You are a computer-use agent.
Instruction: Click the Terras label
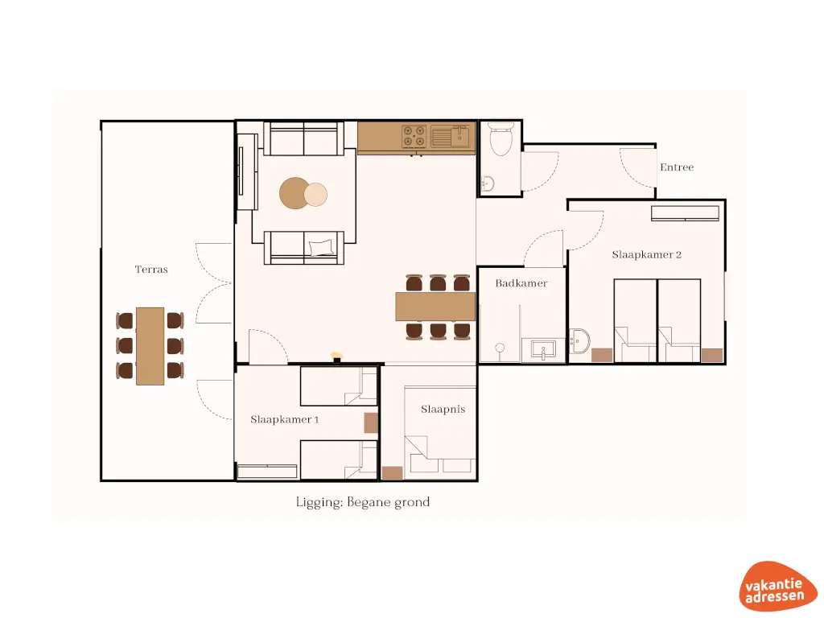point(151,270)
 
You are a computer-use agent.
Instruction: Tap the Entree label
point(676,167)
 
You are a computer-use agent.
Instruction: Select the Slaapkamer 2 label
point(646,254)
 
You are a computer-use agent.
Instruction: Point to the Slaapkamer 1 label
point(284,419)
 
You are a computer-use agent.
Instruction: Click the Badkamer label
point(521,283)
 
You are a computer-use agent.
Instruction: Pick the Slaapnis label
point(443,410)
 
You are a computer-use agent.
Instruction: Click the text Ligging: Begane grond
point(362,502)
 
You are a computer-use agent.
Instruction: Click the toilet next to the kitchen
point(501,139)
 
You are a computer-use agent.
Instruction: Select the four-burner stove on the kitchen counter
point(414,136)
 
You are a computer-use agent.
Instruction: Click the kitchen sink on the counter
point(451,136)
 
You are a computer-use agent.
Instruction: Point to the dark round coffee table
point(294,193)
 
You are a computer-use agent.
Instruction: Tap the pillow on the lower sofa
point(320,247)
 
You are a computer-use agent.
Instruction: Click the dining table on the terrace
point(150,346)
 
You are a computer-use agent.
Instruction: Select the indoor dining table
point(435,306)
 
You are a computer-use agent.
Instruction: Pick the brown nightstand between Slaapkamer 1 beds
point(371,422)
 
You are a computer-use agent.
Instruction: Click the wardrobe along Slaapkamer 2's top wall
point(685,213)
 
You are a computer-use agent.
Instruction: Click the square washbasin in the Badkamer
point(545,351)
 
